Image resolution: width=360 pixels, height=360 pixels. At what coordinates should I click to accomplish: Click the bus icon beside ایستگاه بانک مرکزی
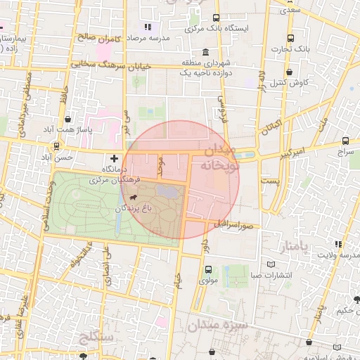[x=215, y=19]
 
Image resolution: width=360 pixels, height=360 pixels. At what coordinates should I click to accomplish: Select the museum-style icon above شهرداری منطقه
[x=205, y=52]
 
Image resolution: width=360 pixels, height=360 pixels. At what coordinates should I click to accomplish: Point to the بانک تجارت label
[x=292, y=49]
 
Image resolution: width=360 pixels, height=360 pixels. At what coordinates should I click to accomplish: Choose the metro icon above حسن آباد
[x=56, y=146]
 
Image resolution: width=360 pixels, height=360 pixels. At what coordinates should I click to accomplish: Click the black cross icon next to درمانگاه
[x=115, y=158]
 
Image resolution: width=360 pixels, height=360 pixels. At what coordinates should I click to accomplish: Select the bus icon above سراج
[x=345, y=141]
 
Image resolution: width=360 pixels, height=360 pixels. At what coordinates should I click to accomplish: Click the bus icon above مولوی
[x=207, y=269]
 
